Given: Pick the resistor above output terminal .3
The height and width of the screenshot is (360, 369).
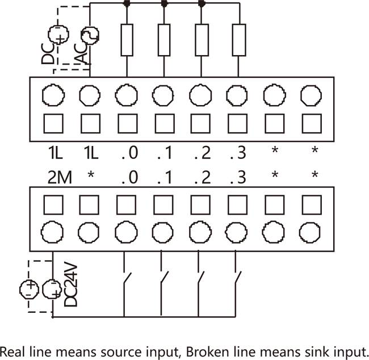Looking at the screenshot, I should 238,40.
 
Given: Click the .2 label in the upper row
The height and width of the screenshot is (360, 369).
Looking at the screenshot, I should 202,153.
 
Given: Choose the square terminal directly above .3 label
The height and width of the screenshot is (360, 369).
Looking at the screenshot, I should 237,123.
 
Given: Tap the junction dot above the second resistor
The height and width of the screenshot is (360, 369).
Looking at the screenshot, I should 164,3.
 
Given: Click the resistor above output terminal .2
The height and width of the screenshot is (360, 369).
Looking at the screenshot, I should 201,40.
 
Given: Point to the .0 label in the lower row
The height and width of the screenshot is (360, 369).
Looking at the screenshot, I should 129,177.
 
